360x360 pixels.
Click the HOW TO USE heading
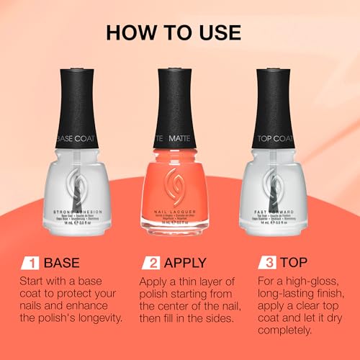pos(180,33)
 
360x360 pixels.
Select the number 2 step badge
pos(150,262)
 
